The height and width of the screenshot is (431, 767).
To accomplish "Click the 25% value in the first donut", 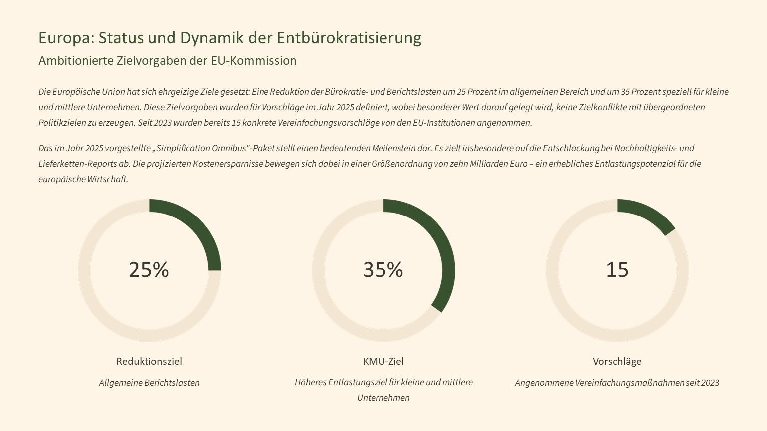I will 149,270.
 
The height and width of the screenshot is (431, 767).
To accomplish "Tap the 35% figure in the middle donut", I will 383,270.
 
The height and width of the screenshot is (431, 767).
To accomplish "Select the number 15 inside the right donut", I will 617,270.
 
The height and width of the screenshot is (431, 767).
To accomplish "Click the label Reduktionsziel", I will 149,361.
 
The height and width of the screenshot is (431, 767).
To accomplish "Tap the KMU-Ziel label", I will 383,361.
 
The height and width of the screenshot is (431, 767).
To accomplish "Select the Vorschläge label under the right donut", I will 617,361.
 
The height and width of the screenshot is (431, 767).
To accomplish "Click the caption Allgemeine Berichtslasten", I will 149,383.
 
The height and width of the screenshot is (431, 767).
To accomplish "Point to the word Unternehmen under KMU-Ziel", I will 383,398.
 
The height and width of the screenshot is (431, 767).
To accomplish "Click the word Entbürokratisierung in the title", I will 349,38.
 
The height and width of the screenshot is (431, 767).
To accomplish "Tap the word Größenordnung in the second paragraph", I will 402,164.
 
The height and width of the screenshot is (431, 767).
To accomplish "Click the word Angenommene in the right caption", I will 544,383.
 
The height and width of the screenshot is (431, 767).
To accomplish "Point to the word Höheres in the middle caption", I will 310,382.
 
